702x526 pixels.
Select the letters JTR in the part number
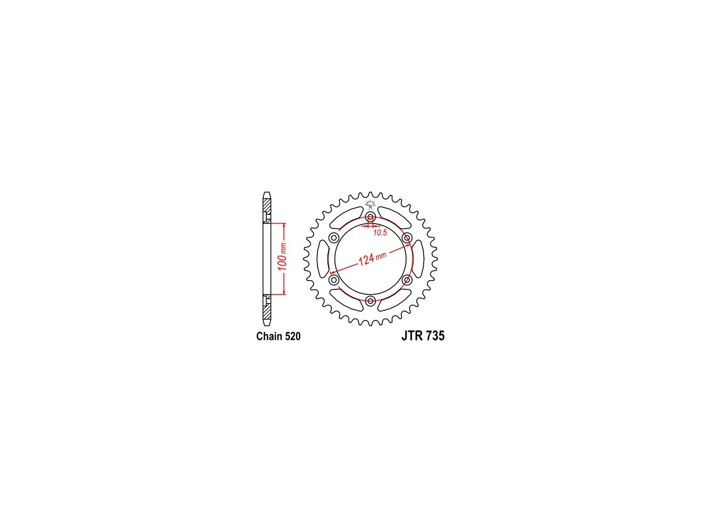click(411, 336)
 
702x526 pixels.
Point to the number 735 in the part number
click(435, 336)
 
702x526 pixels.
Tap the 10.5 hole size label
click(380, 233)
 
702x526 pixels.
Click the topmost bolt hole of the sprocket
click(370, 217)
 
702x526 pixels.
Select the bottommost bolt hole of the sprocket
click(370, 301)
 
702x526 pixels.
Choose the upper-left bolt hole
click(334, 238)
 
